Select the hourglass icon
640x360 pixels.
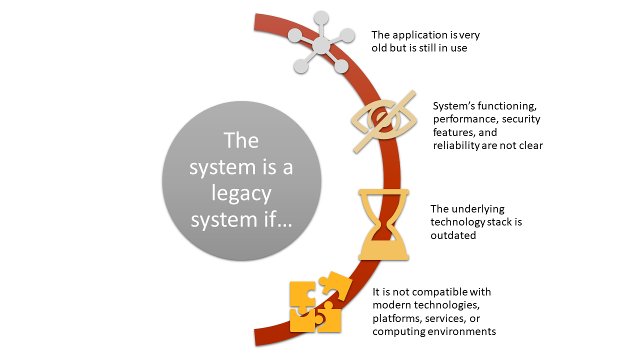coord(384,224)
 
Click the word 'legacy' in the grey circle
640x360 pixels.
coord(241,193)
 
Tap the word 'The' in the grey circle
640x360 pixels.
coord(241,140)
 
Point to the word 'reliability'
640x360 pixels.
coord(456,145)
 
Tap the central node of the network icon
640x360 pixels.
coord(321,46)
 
